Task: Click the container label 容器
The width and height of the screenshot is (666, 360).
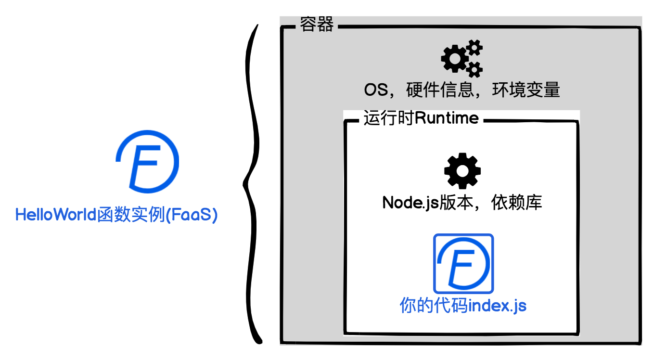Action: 316,25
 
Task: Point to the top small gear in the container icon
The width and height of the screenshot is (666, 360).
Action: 474,47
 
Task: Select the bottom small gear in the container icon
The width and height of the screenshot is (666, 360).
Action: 474,70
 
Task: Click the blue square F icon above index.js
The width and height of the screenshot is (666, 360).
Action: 463,264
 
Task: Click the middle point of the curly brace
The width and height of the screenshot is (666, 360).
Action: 245,182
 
